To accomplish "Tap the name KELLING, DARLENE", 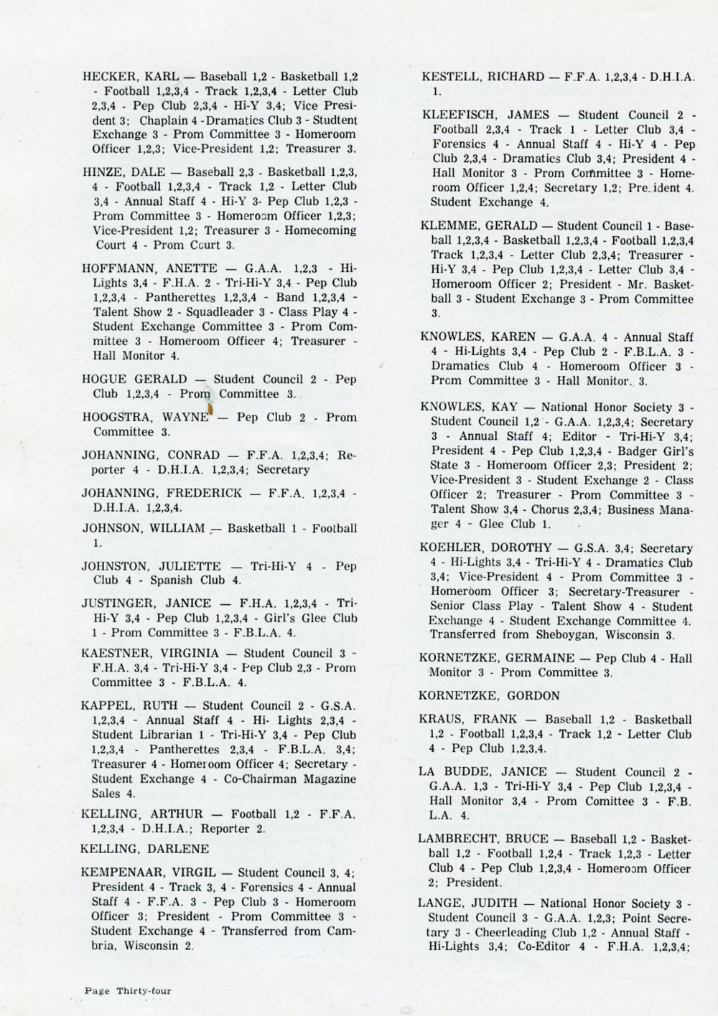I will [x=145, y=849].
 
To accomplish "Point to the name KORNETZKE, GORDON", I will [x=490, y=696].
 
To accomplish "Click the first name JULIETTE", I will [x=198, y=566].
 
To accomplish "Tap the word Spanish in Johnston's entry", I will [x=172, y=580].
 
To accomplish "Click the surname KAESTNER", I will [x=115, y=653].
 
